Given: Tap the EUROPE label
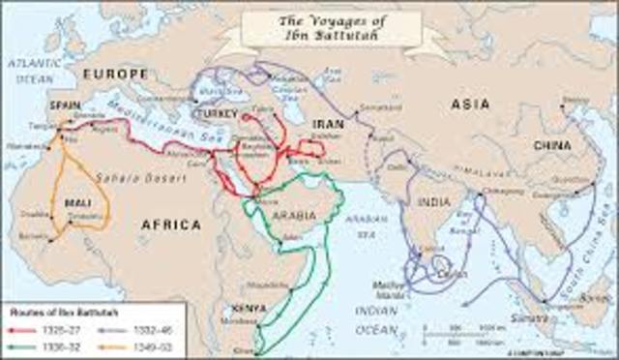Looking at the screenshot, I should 115,73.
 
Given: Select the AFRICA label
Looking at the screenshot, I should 170,225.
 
